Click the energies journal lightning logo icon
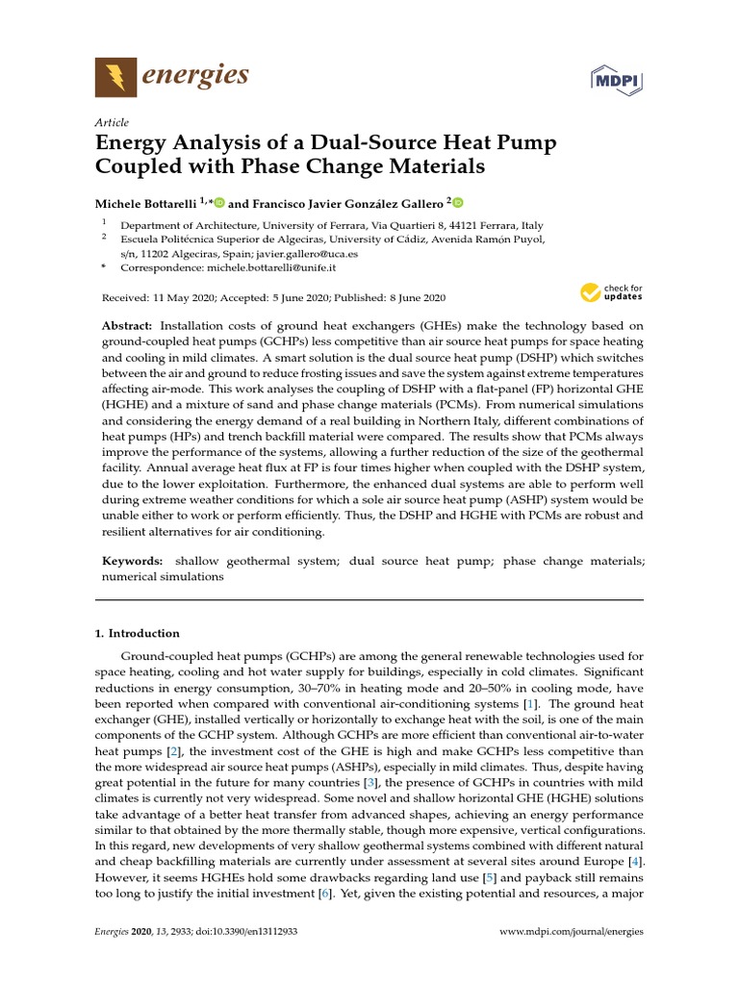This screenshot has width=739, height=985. [115, 76]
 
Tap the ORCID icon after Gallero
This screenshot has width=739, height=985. [458, 203]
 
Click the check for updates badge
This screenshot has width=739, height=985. [611, 292]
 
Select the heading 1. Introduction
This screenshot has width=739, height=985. [137, 633]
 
